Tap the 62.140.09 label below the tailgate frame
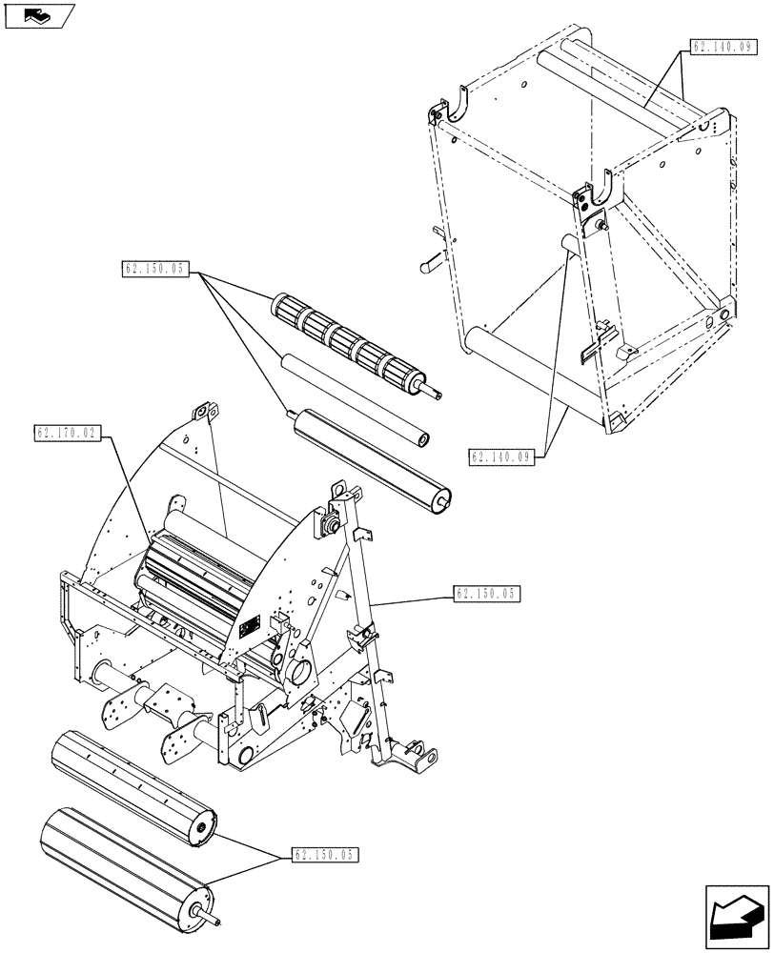(500, 456)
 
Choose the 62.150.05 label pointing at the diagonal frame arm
(485, 594)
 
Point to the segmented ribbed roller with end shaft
(348, 346)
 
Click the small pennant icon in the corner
(38, 15)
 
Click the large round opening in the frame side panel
(297, 670)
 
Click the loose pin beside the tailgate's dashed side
(432, 258)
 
